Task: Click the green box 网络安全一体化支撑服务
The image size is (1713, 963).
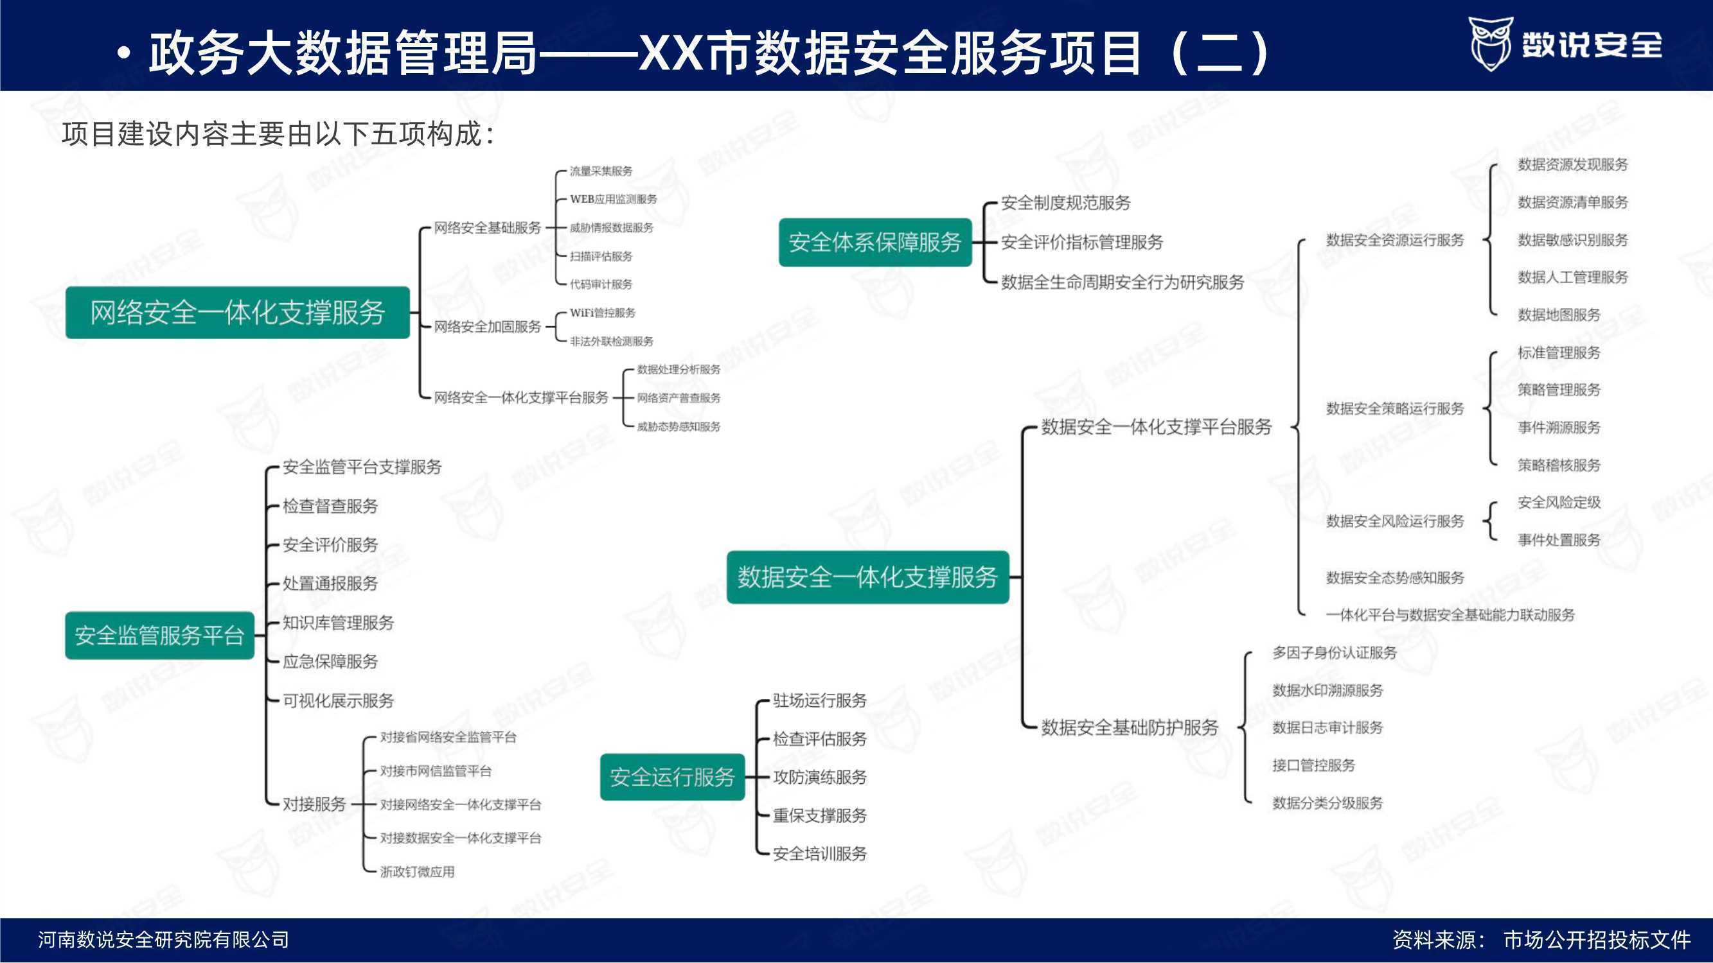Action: tap(237, 313)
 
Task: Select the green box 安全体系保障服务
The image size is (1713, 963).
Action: tap(875, 242)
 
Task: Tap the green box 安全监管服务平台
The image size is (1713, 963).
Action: tap(159, 636)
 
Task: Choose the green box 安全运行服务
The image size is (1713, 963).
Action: tap(672, 776)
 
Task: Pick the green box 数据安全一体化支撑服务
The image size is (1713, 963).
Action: tap(868, 577)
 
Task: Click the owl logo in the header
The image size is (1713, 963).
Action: tap(1490, 44)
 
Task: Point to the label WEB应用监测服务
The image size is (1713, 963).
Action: tap(613, 199)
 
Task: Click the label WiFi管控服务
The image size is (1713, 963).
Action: tap(603, 313)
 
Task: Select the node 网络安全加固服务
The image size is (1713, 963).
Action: tap(488, 326)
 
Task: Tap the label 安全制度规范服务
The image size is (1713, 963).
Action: tap(1066, 203)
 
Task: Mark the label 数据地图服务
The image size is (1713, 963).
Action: tap(1559, 315)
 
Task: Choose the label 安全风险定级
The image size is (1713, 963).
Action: tap(1559, 503)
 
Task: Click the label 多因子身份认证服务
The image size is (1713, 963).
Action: tap(1335, 653)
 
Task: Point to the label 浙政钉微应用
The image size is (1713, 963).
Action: tap(418, 871)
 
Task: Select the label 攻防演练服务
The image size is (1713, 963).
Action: tap(820, 777)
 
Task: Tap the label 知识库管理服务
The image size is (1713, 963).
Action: tap(339, 623)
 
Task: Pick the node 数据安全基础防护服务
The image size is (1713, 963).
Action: tap(1130, 728)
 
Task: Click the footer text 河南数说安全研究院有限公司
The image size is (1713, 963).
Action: tap(164, 940)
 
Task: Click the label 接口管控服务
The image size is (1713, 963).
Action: tap(1314, 765)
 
